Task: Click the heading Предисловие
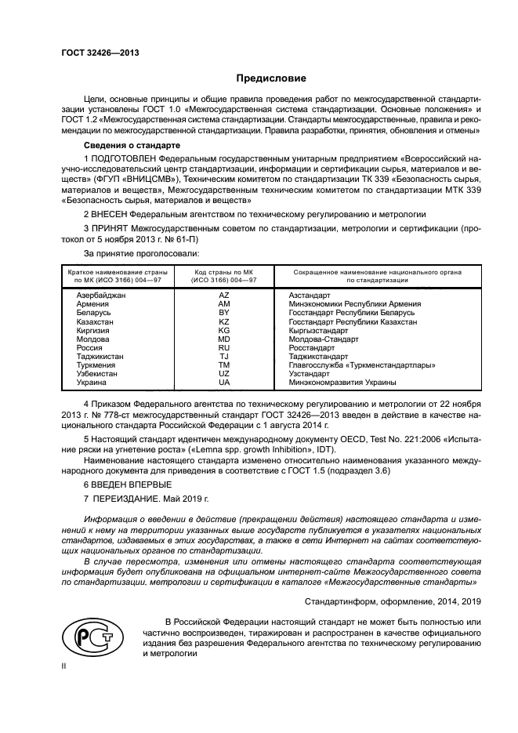pyautogui.click(x=272, y=78)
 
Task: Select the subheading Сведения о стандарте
pyautogui.click(x=132, y=147)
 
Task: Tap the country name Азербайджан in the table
pyautogui.click(x=101, y=295)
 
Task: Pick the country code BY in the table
pyautogui.click(x=223, y=312)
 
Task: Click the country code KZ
pyautogui.click(x=223, y=321)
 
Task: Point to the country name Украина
pyautogui.click(x=92, y=382)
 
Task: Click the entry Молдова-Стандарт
pyautogui.click(x=324, y=339)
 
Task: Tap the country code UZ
pyautogui.click(x=223, y=373)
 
